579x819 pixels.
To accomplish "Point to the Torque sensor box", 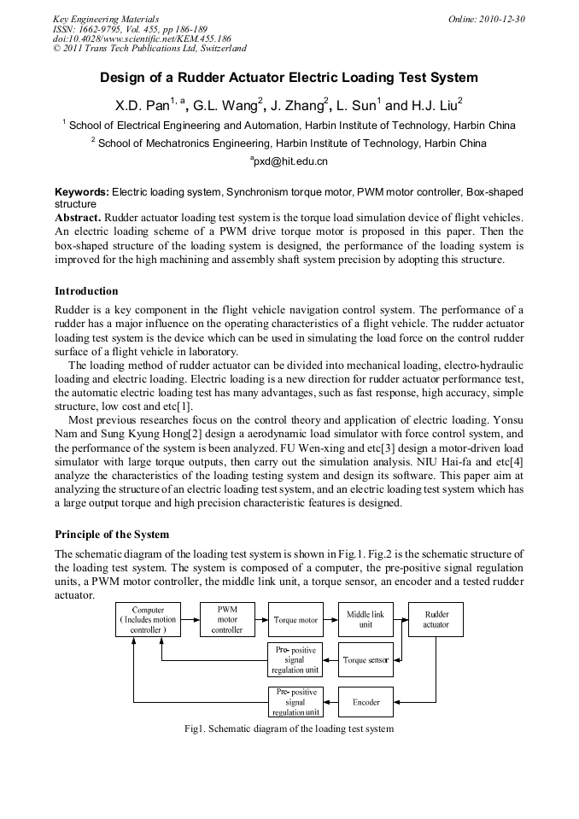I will pyautogui.click(x=366, y=660).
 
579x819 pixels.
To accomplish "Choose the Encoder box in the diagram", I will pyautogui.click(x=366, y=702).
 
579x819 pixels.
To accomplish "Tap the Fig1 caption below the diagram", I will pyautogui.click(x=289, y=729).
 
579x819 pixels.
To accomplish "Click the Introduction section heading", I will pyautogui.click(x=86, y=291).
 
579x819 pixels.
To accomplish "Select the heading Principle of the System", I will pyautogui.click(x=112, y=535).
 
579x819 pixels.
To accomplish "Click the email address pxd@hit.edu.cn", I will pyautogui.click(x=289, y=161).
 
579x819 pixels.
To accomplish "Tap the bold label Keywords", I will pyautogui.click(x=82, y=193).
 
